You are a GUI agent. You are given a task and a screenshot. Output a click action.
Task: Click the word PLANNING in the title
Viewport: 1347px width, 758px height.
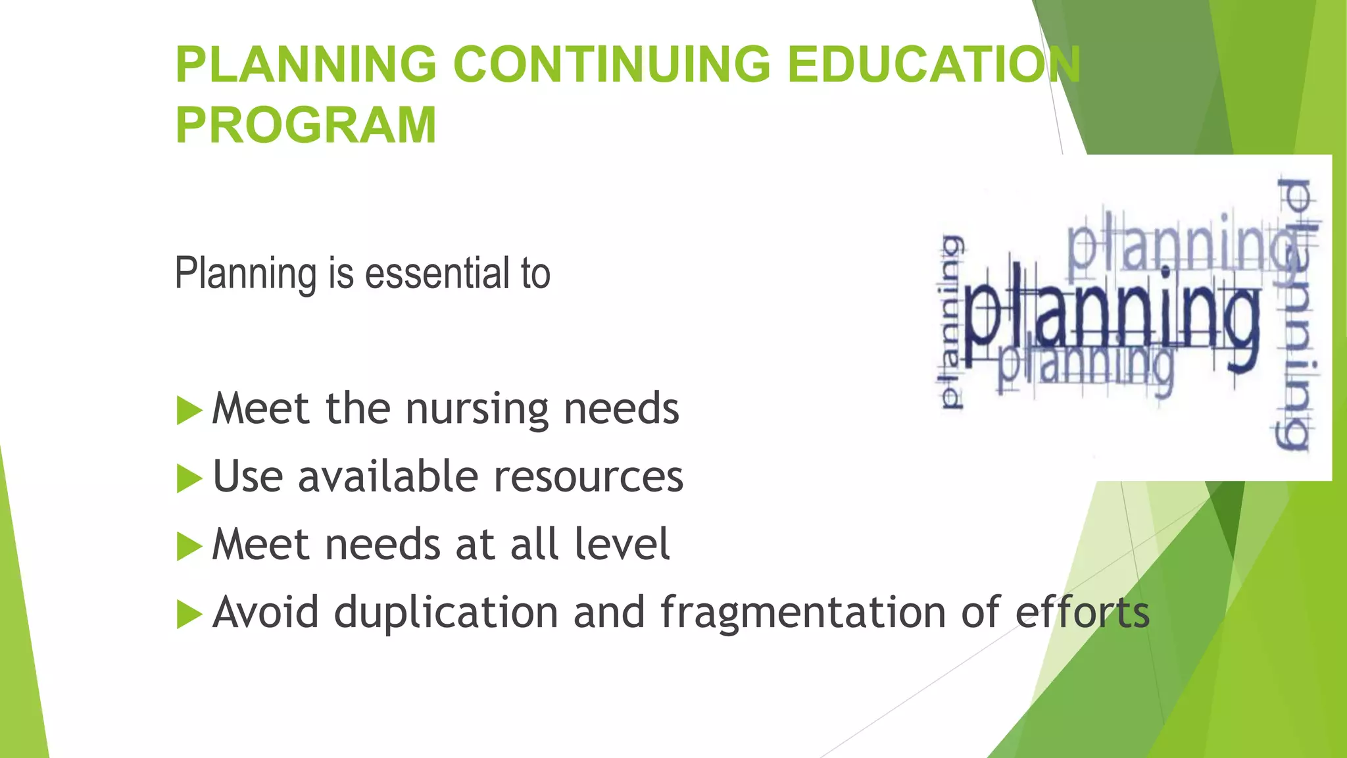pos(306,64)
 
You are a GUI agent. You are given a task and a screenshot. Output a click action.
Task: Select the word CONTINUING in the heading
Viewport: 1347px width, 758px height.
pos(612,64)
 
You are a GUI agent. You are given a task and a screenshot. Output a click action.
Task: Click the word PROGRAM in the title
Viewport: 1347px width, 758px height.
pos(306,125)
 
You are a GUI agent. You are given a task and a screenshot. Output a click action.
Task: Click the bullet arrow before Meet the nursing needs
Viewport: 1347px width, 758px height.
pos(189,411)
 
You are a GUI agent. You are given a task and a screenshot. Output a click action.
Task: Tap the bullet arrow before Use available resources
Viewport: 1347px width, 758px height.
pos(189,478)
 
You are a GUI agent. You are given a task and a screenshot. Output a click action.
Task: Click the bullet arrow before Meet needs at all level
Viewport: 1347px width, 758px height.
pos(189,546)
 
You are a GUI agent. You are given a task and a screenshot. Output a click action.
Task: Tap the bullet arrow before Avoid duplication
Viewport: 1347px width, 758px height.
pos(189,615)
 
